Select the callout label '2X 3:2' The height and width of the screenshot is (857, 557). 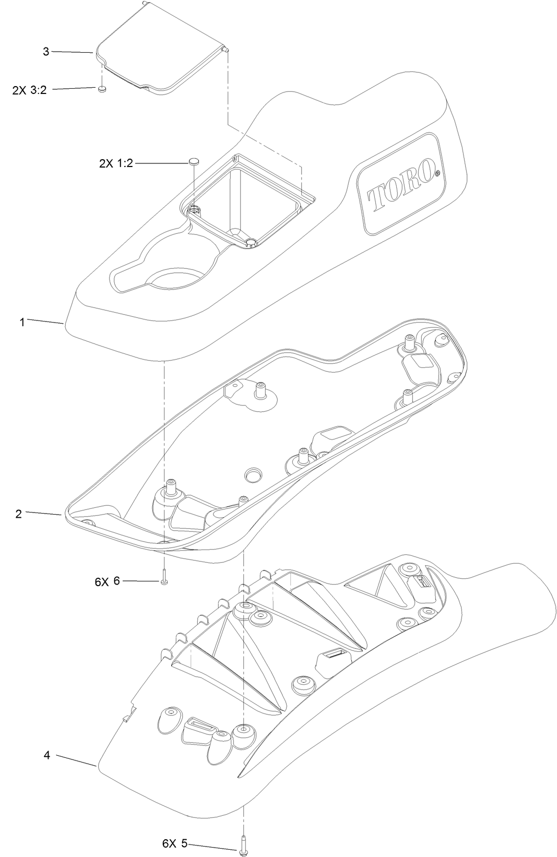click(x=29, y=90)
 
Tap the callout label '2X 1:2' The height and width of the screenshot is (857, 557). click(x=116, y=163)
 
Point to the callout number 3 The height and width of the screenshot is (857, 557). click(x=46, y=52)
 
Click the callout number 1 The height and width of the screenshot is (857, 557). click(x=22, y=322)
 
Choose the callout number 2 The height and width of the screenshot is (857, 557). click(x=19, y=514)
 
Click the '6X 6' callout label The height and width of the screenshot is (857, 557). click(x=108, y=581)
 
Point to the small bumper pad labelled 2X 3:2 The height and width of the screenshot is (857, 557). click(x=102, y=89)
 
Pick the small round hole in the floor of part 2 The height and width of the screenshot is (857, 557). click(x=254, y=474)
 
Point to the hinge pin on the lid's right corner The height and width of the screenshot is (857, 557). click(x=226, y=49)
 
